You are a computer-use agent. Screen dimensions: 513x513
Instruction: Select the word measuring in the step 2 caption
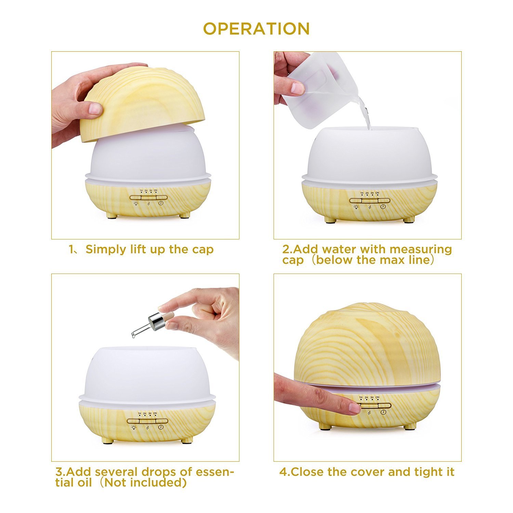click(x=420, y=250)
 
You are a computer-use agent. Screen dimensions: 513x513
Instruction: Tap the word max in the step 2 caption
click(x=393, y=260)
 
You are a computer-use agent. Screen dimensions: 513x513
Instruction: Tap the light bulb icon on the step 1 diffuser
click(x=136, y=203)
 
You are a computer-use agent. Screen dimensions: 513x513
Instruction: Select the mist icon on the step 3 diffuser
click(x=147, y=427)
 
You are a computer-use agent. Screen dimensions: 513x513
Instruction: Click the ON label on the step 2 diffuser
click(x=377, y=193)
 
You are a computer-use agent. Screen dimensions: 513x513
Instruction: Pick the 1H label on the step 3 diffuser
click(x=139, y=413)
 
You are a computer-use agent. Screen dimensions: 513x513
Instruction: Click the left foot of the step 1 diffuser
click(x=111, y=216)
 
